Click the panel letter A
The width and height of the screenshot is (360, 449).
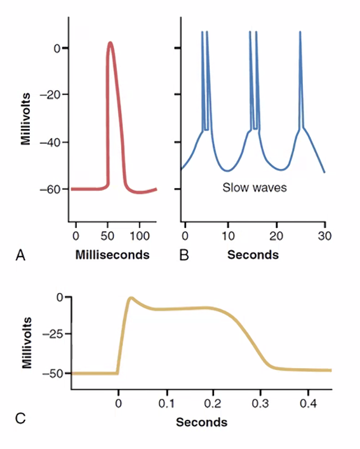[x=21, y=256]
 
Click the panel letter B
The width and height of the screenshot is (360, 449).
[x=183, y=256]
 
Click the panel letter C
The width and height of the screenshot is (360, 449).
[x=21, y=418]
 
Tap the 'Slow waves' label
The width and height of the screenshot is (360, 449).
[x=255, y=187]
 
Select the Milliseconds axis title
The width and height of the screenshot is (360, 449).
[x=112, y=255]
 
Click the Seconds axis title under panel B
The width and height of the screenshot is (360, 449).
[x=253, y=255]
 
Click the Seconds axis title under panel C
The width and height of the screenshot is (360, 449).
[x=202, y=422]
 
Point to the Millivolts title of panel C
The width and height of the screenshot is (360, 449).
[x=26, y=342]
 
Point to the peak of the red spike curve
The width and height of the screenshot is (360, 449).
[x=110, y=43]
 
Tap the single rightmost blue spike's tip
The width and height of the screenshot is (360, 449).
[x=300, y=32]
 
